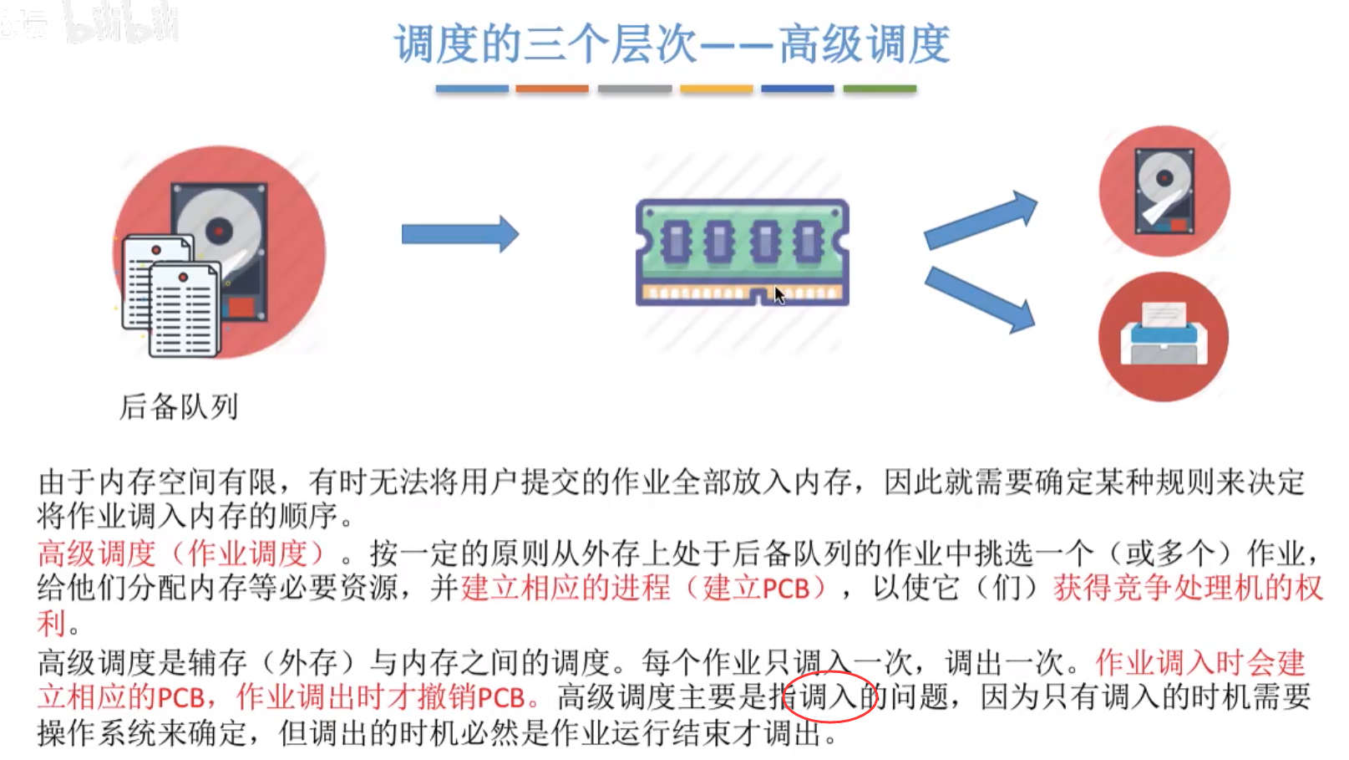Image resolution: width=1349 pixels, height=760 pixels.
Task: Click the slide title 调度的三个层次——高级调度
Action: (x=672, y=43)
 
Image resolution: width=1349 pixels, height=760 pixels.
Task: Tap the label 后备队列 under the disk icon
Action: (x=179, y=407)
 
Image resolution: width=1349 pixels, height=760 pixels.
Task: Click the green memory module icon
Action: (x=742, y=251)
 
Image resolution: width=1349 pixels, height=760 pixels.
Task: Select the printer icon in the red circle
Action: (x=1164, y=337)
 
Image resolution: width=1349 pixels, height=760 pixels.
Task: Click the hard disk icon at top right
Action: (x=1164, y=191)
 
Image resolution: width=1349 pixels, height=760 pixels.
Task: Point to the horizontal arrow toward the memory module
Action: (x=459, y=234)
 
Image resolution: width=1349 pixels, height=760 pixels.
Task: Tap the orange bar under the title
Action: (x=551, y=89)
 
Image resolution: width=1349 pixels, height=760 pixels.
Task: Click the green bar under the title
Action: (x=880, y=89)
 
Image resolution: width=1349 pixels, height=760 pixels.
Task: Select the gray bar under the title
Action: (x=634, y=89)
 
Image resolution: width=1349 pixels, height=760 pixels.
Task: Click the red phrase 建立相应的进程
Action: (x=565, y=588)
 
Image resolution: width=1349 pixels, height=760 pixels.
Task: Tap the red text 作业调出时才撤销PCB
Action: (x=381, y=697)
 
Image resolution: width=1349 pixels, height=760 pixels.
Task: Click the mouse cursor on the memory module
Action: (x=778, y=294)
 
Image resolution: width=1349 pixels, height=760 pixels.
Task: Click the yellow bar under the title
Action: (x=716, y=89)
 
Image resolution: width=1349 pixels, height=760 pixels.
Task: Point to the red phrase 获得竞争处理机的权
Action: (x=1188, y=588)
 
